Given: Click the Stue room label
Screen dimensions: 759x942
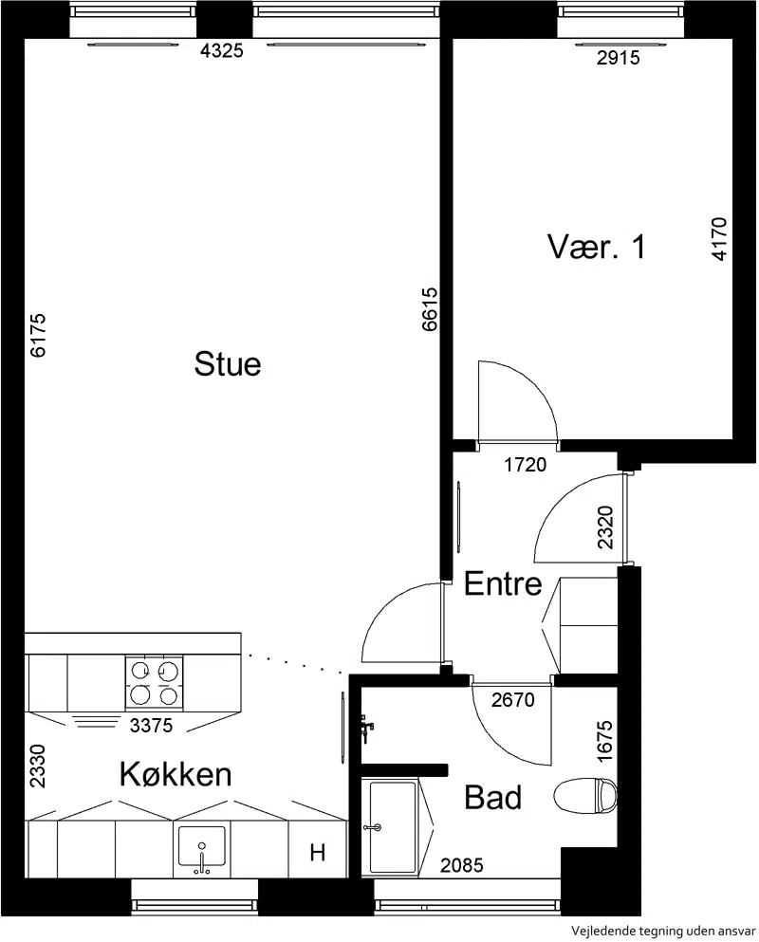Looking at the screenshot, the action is click(227, 363).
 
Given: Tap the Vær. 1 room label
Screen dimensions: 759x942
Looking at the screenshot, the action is click(596, 247).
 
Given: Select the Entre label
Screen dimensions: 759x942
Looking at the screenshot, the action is click(503, 584).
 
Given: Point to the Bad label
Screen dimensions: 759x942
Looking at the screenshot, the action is click(492, 798).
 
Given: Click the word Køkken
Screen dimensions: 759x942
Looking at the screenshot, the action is click(176, 774).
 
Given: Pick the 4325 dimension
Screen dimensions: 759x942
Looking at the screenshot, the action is click(222, 51).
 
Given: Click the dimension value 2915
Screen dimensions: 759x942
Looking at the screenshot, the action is click(618, 58).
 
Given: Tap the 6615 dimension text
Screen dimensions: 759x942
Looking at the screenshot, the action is click(430, 309).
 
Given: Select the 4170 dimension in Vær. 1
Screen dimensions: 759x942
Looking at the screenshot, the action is click(719, 238).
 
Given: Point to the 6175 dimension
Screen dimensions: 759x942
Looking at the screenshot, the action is click(38, 335).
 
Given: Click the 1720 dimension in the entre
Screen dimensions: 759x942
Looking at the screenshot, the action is click(526, 465).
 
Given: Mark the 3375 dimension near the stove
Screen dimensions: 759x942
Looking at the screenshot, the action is click(152, 726).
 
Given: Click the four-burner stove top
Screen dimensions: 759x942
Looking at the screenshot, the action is click(154, 682).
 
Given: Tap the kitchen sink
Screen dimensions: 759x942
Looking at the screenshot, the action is click(202, 849).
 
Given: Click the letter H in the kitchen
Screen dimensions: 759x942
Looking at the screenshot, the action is click(317, 852).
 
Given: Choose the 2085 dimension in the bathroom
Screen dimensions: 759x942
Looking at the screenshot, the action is click(461, 866).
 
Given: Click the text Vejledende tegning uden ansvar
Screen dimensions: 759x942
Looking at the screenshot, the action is click(663, 932).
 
